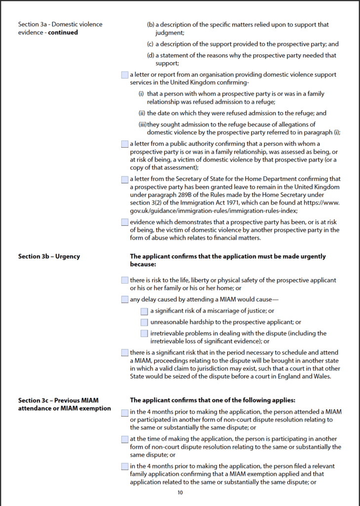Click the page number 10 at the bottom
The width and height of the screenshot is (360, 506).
coord(180,492)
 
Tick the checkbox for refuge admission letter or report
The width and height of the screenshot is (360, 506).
coord(124,75)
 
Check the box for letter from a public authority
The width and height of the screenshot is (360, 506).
coord(124,144)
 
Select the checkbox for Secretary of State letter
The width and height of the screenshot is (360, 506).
coord(124,179)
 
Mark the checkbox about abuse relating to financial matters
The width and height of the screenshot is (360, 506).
coord(124,222)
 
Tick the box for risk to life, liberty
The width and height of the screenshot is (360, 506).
coord(124,280)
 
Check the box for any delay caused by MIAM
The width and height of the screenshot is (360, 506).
coord(124,299)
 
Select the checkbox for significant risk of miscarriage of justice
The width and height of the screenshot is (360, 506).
coord(144,311)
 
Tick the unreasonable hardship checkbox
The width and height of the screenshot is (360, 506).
coord(144,322)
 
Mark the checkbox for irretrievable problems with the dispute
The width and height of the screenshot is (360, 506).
coord(144,334)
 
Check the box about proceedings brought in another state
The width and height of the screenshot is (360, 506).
coord(124,353)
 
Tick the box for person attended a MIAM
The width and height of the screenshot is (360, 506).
coord(124,412)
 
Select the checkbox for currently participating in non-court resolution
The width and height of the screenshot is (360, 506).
coord(124,439)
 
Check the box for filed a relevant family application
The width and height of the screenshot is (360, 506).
coord(124,466)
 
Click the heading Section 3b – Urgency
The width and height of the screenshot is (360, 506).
coord(49,256)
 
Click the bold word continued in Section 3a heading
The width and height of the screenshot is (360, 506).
coord(63,33)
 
